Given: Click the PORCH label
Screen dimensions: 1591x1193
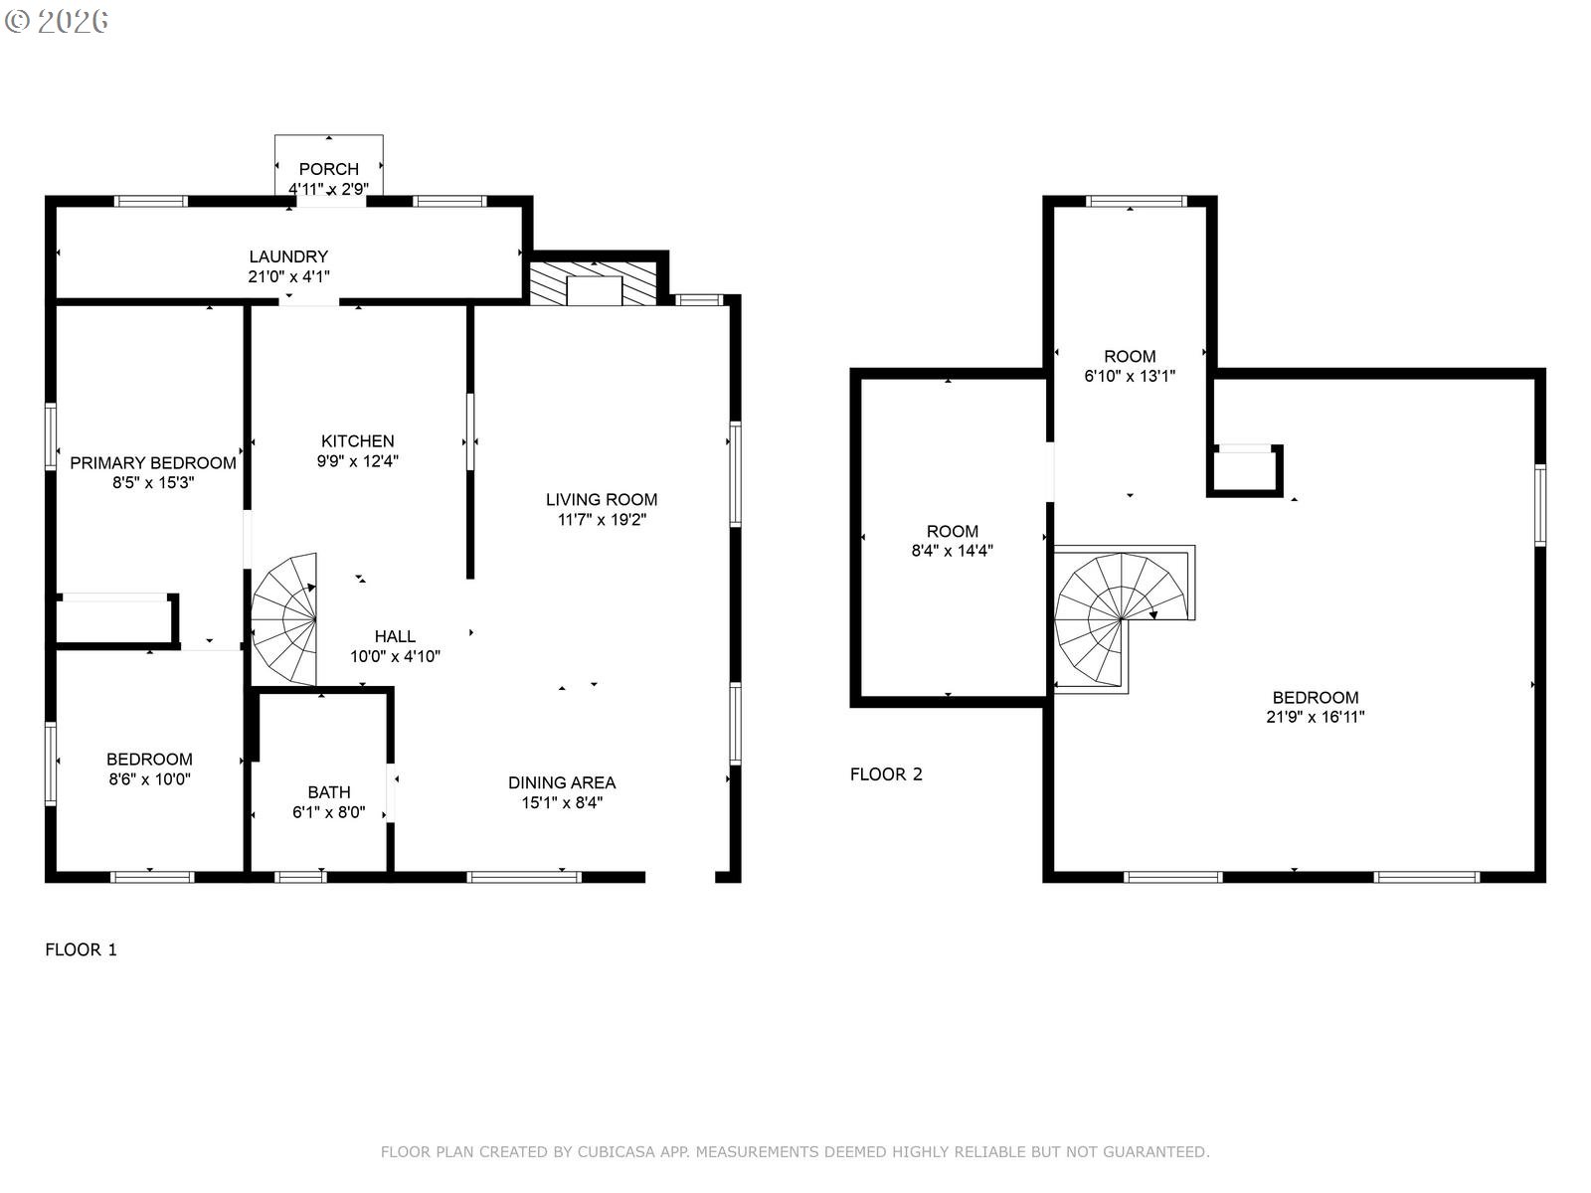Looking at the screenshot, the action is pos(328,169).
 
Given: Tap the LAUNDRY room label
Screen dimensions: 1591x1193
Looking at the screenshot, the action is pos(288,256).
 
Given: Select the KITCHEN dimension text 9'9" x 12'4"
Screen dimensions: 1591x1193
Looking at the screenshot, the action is pos(357,460).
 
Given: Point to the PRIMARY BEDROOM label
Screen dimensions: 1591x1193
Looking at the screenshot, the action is pos(153,463).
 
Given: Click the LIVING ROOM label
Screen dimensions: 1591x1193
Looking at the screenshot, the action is pos(602,500).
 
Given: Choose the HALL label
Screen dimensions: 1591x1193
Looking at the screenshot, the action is pos(395,636).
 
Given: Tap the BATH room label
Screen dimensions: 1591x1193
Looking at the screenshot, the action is pos(329,792).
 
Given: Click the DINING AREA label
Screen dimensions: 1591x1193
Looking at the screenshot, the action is pos(562,783).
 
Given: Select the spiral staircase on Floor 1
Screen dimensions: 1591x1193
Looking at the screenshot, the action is pos(284,619).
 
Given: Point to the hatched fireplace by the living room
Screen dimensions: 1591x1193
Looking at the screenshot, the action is pos(593,283).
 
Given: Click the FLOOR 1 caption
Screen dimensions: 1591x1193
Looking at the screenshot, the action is pos(82,949).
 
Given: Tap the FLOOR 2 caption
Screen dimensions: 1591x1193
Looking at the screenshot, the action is pos(886,774).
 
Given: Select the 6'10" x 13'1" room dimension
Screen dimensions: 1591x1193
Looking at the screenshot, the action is pos(1130,376).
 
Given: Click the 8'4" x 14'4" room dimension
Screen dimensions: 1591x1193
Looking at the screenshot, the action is pos(952,551).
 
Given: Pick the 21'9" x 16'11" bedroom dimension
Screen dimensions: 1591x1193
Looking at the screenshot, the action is pos(1315,717).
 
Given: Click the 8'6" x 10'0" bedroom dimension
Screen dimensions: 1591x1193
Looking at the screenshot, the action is pos(149,779).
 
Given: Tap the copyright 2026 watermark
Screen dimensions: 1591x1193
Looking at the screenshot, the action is pos(57,21).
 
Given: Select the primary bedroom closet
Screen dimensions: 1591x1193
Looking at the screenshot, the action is pos(116,619).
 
